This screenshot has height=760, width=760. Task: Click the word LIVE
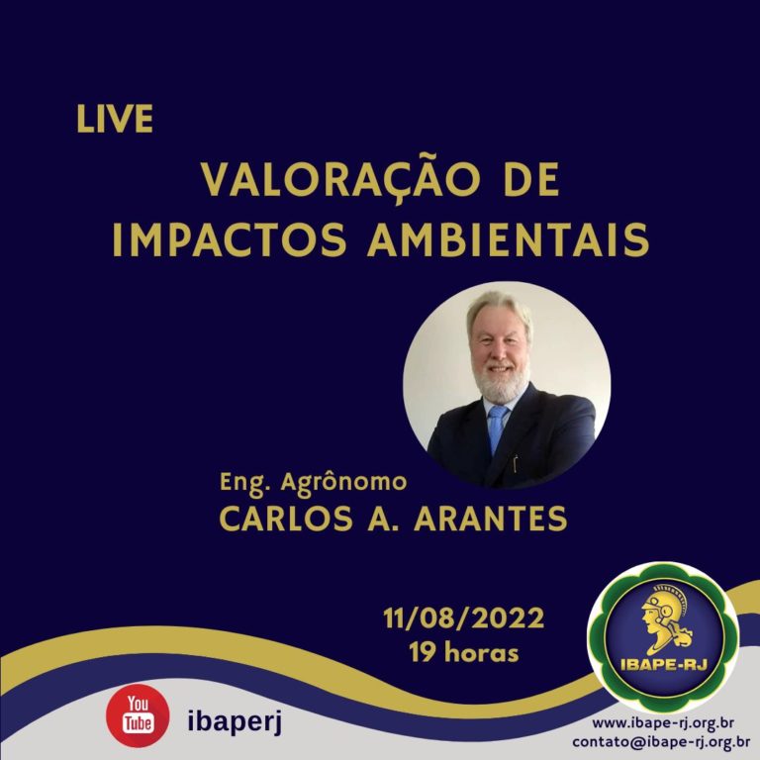pos(115,119)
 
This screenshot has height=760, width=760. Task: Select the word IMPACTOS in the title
pos(230,239)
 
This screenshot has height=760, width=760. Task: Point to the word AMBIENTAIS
pos(508,239)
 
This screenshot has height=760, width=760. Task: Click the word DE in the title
pos(531,180)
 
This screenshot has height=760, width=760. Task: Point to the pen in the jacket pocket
pos(516,463)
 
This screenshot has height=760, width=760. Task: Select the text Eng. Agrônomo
pos(313,483)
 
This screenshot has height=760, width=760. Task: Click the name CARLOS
pos(286,519)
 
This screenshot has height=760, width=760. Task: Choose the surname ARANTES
pos(491,519)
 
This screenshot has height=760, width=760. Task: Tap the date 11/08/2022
pos(463,618)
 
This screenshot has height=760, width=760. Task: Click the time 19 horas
pos(464,652)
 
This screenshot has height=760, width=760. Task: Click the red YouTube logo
pos(138,715)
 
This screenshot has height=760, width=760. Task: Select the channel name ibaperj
pos(235,721)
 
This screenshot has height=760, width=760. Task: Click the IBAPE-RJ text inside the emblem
pos(664,663)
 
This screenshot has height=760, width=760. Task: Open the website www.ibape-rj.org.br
pos(663,723)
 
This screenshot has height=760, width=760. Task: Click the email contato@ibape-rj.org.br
pos(661,742)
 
